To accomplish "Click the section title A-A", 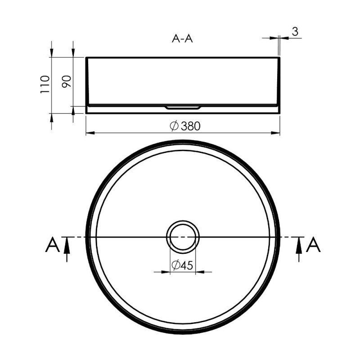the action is coord(182,39).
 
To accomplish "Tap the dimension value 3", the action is coord(295,31).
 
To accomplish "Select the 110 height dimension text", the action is coord(45,84).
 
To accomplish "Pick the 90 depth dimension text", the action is coord(67,81).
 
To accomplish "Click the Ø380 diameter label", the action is coord(185,126).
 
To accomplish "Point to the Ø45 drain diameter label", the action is coord(182,265).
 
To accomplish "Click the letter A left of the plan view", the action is coord(53,245).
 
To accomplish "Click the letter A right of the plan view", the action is coord(313,245).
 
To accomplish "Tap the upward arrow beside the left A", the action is coord(67,249).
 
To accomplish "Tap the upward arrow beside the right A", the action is coord(299,249).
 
